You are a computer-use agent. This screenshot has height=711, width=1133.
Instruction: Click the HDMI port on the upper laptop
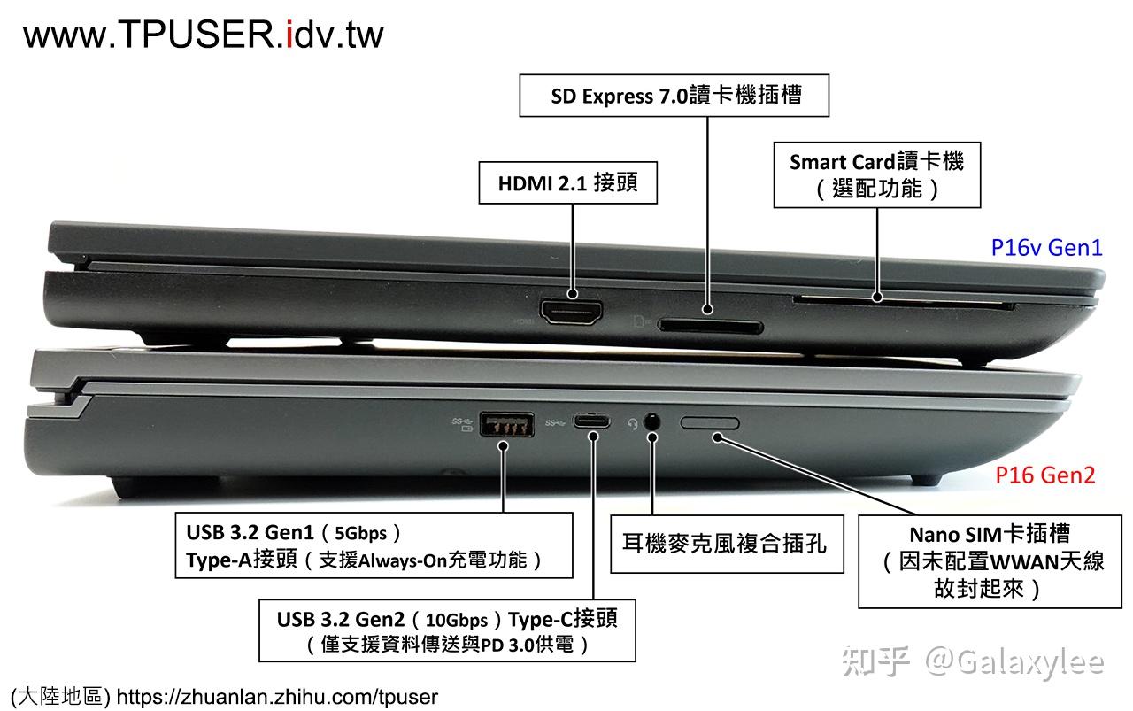point(572,312)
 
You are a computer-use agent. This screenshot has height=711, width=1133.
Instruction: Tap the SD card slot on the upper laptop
point(711,327)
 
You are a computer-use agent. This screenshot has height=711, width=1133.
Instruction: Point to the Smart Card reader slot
point(903,305)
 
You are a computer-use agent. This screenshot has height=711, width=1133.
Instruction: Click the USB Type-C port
point(591,421)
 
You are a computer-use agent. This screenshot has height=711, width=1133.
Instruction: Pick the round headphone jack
point(652,422)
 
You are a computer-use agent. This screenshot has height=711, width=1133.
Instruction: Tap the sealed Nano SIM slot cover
point(710,422)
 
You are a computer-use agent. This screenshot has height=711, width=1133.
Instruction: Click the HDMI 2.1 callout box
point(567,183)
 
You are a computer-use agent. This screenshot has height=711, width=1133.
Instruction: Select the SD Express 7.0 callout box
point(674,96)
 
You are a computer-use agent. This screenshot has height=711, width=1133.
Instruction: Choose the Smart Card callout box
point(876,174)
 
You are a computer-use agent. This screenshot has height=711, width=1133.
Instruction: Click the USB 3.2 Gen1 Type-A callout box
point(373,546)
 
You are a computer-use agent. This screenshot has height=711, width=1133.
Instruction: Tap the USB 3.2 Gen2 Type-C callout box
point(446,630)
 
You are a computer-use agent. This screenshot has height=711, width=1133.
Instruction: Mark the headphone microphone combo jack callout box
point(724,542)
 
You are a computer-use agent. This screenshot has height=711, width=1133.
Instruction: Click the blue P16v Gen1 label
point(1046,248)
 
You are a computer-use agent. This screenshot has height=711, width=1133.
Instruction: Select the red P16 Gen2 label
point(1044,475)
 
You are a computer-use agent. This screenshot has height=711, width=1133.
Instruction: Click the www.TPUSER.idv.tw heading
point(204,35)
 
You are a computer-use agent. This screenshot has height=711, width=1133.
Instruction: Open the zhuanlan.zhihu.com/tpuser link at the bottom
point(277,697)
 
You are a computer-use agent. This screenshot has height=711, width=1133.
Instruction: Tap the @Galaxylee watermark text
point(1014,661)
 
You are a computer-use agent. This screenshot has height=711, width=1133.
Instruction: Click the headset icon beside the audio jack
point(633,423)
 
